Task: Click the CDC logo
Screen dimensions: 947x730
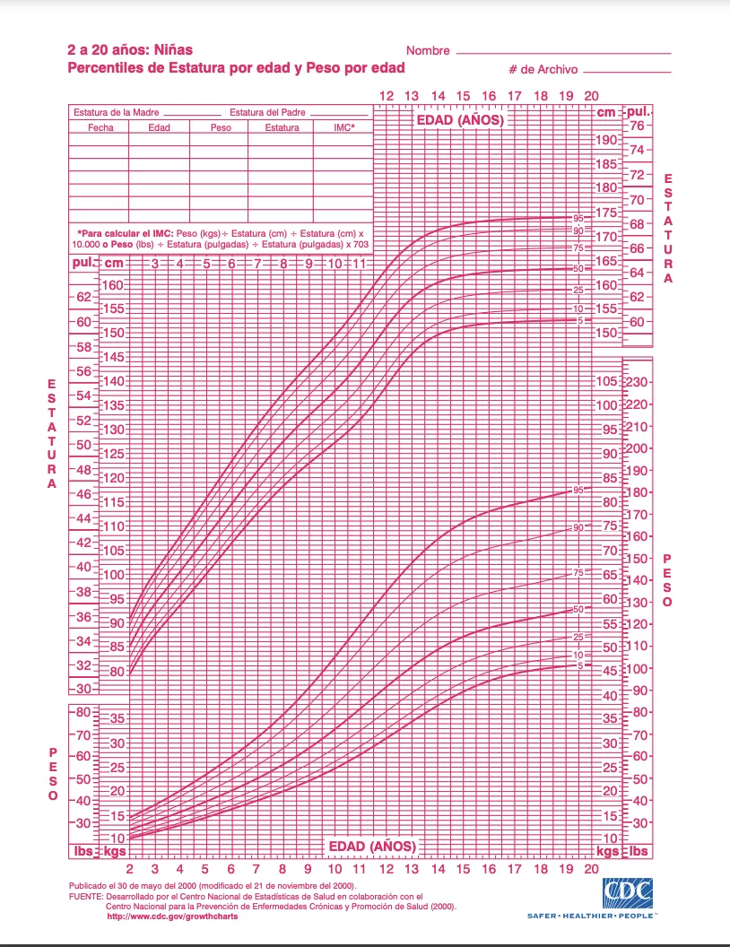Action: pyautogui.click(x=628, y=893)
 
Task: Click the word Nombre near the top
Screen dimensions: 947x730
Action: pyautogui.click(x=428, y=51)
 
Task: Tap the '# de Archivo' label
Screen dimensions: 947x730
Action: pyautogui.click(x=543, y=69)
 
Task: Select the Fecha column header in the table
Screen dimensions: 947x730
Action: pyautogui.click(x=100, y=127)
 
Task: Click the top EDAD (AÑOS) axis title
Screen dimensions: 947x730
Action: pyautogui.click(x=458, y=119)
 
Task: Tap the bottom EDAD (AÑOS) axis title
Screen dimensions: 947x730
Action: pyautogui.click(x=371, y=847)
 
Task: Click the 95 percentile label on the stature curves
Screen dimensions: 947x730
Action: pyautogui.click(x=578, y=218)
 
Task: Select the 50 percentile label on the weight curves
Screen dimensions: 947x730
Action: pyautogui.click(x=578, y=609)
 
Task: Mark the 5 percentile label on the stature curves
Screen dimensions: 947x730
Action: pyautogui.click(x=580, y=320)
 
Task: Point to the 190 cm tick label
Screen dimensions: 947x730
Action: pyautogui.click(x=606, y=140)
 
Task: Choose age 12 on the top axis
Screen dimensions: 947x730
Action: pyautogui.click(x=386, y=96)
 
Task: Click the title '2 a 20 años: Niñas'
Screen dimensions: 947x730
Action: pyautogui.click(x=130, y=50)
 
